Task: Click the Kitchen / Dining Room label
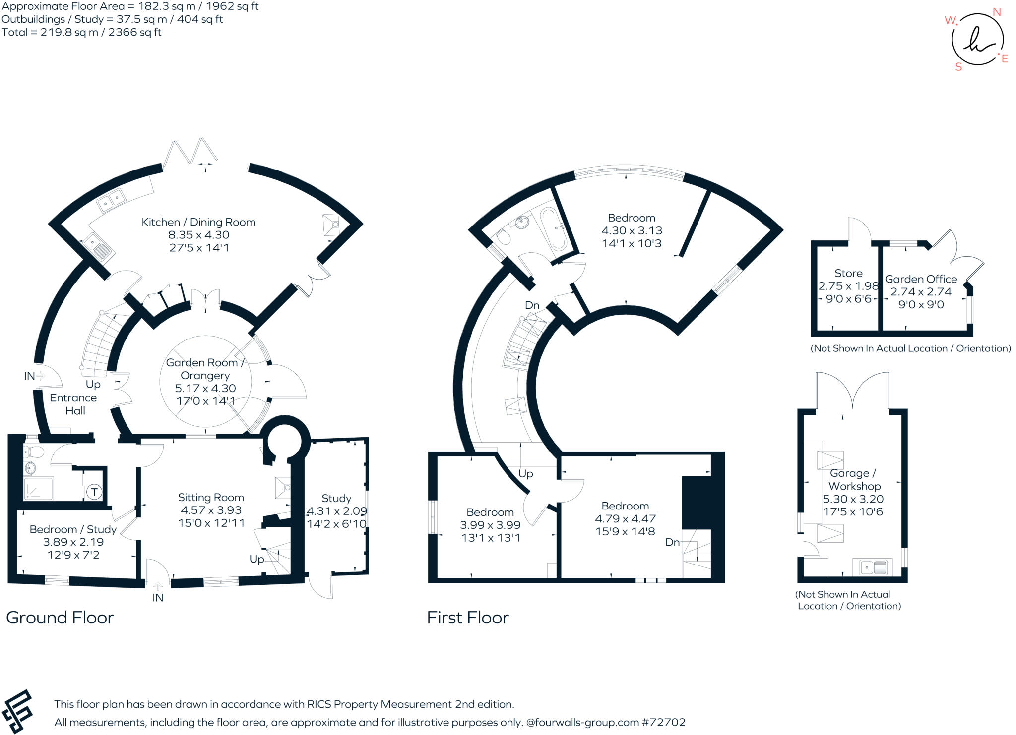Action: pos(198,222)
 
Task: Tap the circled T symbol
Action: pos(94,492)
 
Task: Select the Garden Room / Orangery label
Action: pos(205,369)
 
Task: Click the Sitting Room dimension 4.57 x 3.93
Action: pos(211,510)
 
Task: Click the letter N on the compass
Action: pos(996,12)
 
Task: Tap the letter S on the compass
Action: pos(958,67)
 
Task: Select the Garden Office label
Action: pos(921,279)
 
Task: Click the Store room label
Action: pos(848,273)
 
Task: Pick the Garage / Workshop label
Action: pos(854,480)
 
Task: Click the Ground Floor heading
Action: pos(60,618)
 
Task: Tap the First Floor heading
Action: pos(468,618)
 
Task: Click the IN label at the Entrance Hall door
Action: pos(29,376)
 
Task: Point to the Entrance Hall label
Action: pos(73,404)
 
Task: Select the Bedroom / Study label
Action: pos(73,529)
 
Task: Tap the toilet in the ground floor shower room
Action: pos(34,452)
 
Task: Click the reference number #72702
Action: pos(664,722)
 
